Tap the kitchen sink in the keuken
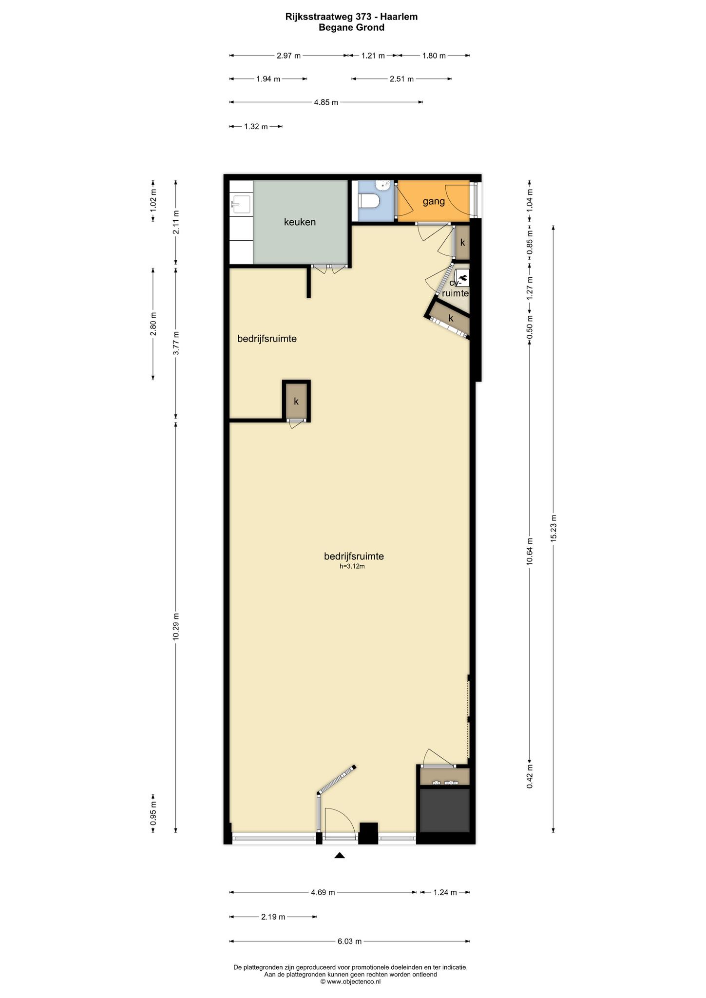[241, 204]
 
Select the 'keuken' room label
[300, 222]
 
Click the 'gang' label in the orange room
[434, 201]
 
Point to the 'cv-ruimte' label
[455, 288]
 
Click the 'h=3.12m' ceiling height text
[352, 566]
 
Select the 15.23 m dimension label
[553, 528]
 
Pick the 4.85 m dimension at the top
[326, 102]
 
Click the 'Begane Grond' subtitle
[351, 28]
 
